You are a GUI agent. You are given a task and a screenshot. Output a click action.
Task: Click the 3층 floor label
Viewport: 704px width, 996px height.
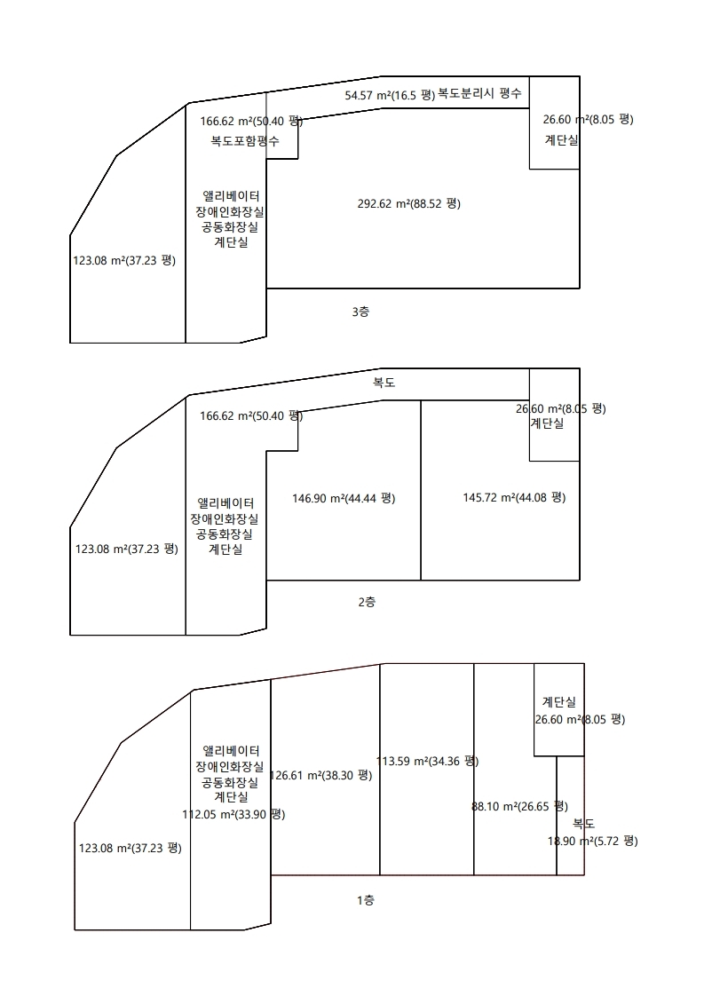[360, 312]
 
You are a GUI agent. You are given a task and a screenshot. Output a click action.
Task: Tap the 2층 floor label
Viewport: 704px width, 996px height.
[367, 602]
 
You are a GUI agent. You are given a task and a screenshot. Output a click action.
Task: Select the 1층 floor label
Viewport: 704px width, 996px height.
[366, 900]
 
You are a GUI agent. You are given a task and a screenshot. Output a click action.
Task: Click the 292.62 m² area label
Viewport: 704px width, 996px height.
[409, 204]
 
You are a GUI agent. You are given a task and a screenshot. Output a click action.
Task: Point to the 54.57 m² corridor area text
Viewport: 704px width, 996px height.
[390, 95]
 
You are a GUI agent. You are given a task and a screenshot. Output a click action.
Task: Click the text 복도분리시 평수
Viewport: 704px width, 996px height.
[479, 93]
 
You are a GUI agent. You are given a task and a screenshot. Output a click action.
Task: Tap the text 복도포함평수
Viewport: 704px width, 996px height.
[245, 140]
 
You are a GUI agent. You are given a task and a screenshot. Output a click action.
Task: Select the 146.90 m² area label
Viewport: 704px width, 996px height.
[344, 499]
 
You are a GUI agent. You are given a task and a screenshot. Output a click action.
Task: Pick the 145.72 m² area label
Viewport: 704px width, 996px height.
[514, 497]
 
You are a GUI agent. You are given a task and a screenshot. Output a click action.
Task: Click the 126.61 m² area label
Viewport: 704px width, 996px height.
[320, 776]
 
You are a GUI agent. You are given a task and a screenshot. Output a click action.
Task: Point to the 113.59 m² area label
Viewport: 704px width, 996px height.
[428, 761]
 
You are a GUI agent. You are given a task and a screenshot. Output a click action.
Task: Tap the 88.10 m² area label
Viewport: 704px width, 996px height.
[519, 807]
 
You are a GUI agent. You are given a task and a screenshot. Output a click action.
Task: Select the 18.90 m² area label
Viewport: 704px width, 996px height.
[593, 841]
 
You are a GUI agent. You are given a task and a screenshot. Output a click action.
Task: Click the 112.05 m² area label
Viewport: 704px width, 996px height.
[233, 814]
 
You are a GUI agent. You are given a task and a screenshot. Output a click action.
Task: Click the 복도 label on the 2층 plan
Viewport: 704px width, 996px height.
[384, 383]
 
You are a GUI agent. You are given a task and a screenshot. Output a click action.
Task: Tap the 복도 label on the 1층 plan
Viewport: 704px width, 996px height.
[583, 824]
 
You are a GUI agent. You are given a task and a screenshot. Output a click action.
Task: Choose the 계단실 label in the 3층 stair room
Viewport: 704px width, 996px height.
[562, 140]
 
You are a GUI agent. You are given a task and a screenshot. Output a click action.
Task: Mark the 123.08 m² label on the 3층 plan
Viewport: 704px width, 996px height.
[124, 260]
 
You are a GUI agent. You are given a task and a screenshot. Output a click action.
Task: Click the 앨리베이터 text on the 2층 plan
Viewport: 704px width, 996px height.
[225, 503]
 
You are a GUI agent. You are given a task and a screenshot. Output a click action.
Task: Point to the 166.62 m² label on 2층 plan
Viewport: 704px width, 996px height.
[251, 416]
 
